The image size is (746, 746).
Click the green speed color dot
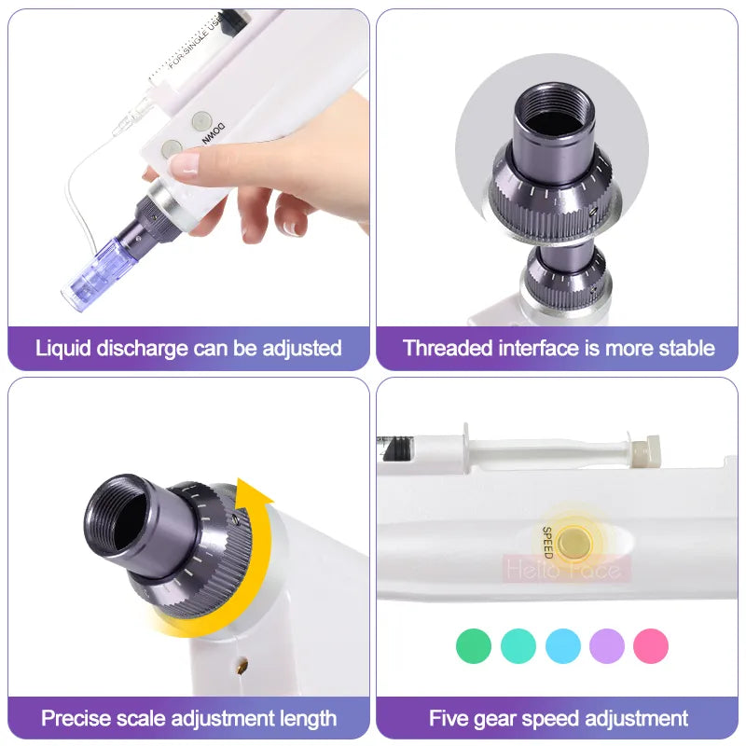(474, 645)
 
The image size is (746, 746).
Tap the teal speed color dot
(518, 645)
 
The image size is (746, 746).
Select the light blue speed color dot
(563, 645)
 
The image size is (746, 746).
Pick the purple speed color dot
(607, 645)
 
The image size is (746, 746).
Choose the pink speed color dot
(651, 645)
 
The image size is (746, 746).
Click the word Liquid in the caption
(62, 349)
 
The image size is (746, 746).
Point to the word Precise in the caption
(76, 718)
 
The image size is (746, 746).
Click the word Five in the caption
(448, 718)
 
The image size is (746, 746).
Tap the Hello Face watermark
(567, 568)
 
